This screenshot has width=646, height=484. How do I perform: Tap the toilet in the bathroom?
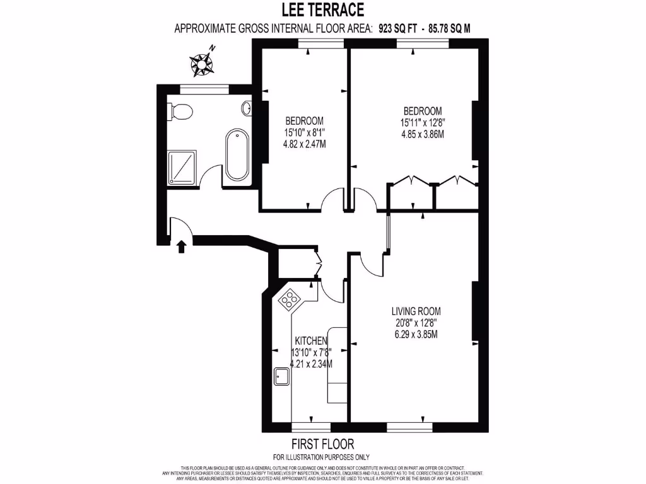pyautogui.click(x=180, y=112)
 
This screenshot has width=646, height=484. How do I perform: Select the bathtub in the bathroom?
pyautogui.click(x=237, y=154)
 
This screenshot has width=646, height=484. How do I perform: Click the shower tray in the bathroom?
pyautogui.click(x=182, y=167)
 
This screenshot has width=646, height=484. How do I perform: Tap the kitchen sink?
pyautogui.click(x=281, y=377)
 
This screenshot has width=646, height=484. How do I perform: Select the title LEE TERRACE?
pyautogui.click(x=323, y=10)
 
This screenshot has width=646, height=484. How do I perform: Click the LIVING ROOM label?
pyautogui.click(x=416, y=311)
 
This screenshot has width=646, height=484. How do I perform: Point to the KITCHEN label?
pyautogui.click(x=310, y=341)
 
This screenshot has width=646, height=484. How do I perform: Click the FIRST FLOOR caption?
pyautogui.click(x=322, y=444)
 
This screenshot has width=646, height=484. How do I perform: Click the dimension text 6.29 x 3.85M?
pyautogui.click(x=416, y=334)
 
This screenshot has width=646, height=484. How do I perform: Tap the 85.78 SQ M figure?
pyautogui.click(x=450, y=28)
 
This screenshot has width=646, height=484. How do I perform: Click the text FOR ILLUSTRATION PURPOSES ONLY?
pyautogui.click(x=321, y=457)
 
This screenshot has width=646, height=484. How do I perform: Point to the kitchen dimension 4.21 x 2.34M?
pyautogui.click(x=311, y=364)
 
